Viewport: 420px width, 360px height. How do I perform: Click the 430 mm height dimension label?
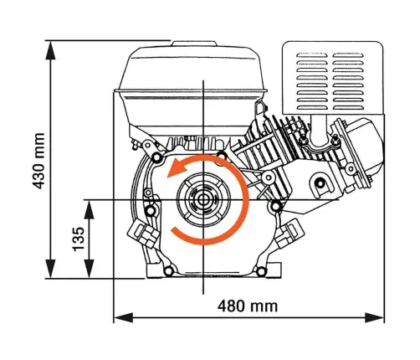pos(38,161)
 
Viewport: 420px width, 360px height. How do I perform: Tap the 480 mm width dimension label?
pos(248,306)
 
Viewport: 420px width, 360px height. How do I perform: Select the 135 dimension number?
pos(79,239)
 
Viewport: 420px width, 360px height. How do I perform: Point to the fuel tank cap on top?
pos(194,44)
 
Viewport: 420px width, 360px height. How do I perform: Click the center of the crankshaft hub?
pos(203,200)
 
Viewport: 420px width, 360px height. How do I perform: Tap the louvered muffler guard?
pos(333,78)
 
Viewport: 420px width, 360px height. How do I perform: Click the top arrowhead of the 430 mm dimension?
pos(50,50)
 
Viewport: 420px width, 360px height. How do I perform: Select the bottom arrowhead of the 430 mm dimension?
pos(50,269)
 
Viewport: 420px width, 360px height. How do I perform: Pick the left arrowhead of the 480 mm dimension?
pos(124,317)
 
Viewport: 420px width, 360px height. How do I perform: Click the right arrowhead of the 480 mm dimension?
pos(375,317)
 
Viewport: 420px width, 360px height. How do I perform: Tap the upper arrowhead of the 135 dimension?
pos(89,209)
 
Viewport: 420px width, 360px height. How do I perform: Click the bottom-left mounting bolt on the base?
pos(169,270)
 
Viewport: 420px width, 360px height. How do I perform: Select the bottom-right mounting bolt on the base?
pos(261,270)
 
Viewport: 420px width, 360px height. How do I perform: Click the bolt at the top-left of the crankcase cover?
pos(157,157)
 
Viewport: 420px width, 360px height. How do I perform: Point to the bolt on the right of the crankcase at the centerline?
pos(275,207)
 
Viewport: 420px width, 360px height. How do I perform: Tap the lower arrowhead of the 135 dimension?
pos(89,269)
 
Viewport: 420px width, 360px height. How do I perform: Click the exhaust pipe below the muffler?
pos(318,131)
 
